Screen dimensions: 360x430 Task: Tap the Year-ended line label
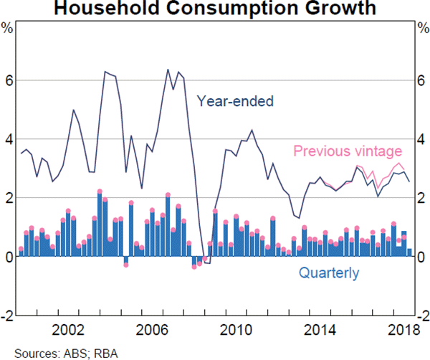235,101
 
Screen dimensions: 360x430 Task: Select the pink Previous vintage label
348,151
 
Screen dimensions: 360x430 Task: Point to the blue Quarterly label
328,273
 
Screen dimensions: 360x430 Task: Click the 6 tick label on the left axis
9,81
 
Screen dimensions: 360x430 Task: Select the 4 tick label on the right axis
421,140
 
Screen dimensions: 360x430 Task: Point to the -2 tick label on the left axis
8,316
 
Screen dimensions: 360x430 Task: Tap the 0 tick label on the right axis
421,257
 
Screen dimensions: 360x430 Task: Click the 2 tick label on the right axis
421,198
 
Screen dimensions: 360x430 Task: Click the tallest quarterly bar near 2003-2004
100,224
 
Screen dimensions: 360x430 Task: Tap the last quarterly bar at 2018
409,252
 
